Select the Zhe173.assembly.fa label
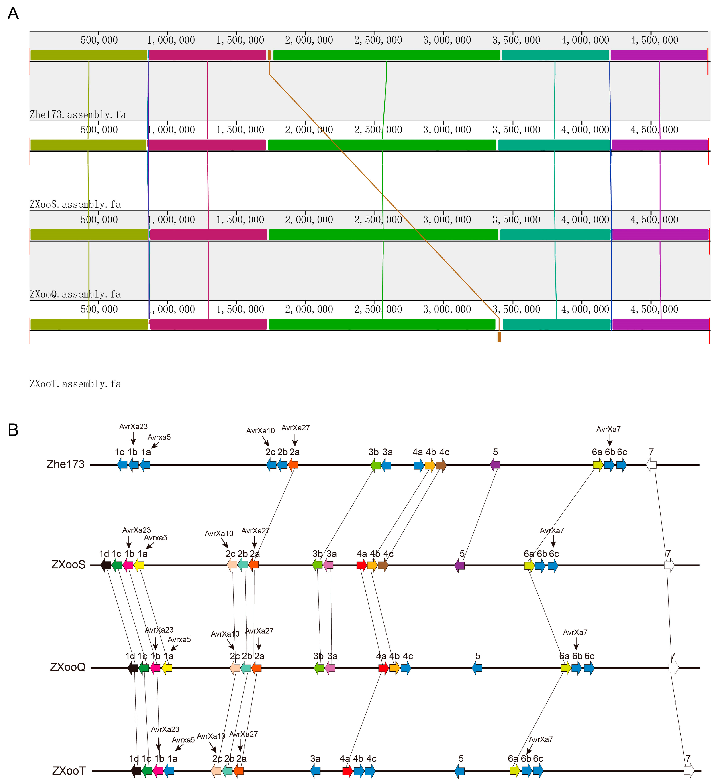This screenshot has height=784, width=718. click(78, 115)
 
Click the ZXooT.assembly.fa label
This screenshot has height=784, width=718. click(75, 384)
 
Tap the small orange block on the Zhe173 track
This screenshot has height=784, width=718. click(269, 55)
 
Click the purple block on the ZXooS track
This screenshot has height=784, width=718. click(660, 145)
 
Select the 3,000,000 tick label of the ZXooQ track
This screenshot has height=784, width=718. click(447, 220)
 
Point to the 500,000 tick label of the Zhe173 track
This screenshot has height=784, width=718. click(99, 40)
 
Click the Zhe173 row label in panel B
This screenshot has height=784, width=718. click(65, 464)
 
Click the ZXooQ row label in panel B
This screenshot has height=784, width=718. click(68, 667)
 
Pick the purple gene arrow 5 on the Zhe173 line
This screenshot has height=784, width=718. click(495, 464)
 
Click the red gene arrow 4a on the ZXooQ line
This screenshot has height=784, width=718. click(383, 668)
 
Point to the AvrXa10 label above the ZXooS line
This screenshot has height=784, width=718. click(219, 534)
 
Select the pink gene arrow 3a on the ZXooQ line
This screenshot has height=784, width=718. click(330, 668)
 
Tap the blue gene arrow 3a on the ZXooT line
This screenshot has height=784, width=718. click(315, 770)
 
